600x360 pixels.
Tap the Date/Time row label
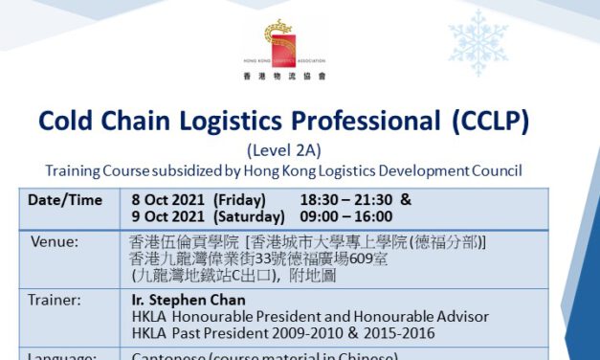point(60,200)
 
